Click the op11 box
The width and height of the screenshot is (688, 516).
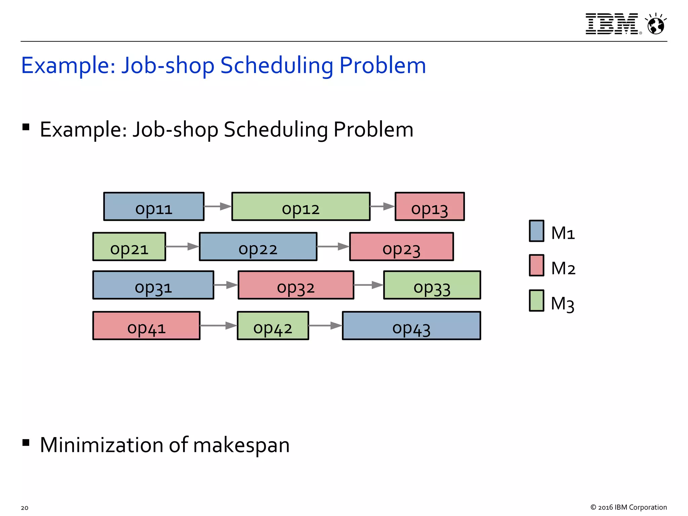[x=154, y=206]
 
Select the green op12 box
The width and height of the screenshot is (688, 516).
[x=301, y=206]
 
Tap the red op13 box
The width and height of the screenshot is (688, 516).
[x=430, y=206]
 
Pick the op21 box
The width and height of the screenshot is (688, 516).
[x=129, y=247]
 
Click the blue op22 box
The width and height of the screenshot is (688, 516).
[x=258, y=247]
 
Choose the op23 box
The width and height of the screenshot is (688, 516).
[x=401, y=247]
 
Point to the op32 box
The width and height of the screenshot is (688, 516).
[x=296, y=285]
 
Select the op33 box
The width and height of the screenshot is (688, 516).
[x=432, y=285]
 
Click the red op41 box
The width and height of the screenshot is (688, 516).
[x=146, y=326]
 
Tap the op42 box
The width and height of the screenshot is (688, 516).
[x=273, y=326]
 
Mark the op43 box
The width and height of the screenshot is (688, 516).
[x=412, y=326]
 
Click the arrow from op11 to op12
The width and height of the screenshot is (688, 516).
[x=218, y=206]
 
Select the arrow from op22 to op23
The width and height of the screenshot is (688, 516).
[x=333, y=247]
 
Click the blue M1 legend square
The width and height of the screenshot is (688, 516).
[x=536, y=231]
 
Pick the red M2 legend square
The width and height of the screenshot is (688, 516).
[x=536, y=265]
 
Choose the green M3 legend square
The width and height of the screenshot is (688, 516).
[x=536, y=301]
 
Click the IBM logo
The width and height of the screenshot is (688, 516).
[x=612, y=24]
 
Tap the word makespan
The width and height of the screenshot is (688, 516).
[x=241, y=445]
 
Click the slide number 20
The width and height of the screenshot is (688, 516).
[x=25, y=508]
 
